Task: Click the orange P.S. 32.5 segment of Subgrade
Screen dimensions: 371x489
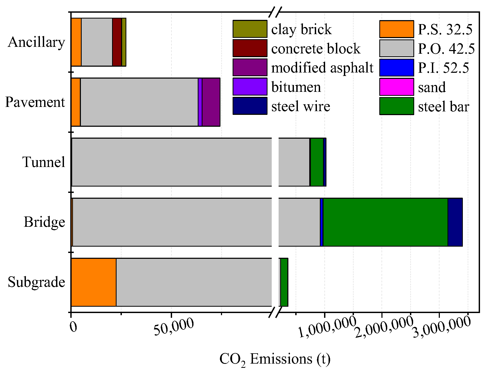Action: pos(94,282)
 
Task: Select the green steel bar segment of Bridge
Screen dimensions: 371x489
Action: pos(385,222)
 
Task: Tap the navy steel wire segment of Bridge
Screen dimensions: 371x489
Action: pos(455,222)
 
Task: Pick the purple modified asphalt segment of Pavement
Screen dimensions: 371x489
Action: pos(211,102)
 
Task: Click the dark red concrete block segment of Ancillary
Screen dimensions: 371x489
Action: pos(117,42)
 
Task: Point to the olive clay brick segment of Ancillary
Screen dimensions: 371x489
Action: pos(124,42)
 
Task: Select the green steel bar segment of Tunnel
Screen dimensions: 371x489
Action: pos(317,162)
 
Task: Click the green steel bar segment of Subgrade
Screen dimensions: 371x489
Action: pos(284,282)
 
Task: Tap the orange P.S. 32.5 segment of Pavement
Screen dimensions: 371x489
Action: pos(76,102)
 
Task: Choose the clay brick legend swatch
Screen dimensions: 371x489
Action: pos(250,29)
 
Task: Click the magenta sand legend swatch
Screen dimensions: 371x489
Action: pos(396,87)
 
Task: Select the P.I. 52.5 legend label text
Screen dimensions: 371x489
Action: pos(443,68)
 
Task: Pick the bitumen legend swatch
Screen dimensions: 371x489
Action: pos(250,87)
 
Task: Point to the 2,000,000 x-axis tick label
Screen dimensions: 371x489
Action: pos(384,327)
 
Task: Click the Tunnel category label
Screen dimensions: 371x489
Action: pos(44,162)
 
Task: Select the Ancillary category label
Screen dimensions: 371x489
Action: pos(36,42)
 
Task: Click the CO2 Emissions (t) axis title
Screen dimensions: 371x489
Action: pos(275,359)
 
